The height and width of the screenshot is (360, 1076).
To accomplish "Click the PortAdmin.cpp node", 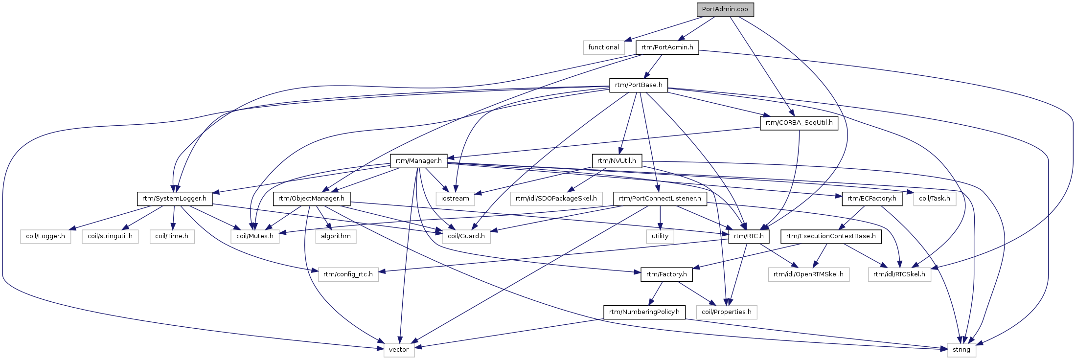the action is (725, 9).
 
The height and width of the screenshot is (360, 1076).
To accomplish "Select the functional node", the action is (603, 47).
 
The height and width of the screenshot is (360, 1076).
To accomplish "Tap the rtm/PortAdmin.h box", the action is (667, 47).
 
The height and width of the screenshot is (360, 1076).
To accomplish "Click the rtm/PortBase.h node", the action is (639, 85).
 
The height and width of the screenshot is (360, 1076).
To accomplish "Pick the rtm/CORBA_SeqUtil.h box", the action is (799, 123).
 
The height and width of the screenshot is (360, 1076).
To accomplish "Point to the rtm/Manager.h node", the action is (418, 160).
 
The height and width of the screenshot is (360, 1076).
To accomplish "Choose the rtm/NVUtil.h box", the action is (617, 160).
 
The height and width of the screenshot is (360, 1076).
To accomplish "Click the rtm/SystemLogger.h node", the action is (175, 199).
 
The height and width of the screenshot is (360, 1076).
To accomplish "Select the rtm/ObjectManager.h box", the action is (312, 199).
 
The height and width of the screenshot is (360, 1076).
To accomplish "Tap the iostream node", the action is (455, 199).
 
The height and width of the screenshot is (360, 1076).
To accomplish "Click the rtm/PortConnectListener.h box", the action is (660, 199).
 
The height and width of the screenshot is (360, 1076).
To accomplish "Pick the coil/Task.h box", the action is (935, 199).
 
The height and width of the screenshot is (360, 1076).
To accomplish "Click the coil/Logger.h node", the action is (46, 236).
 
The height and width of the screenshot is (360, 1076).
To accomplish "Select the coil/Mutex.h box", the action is (255, 236).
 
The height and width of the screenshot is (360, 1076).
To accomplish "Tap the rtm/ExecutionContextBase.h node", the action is (831, 236).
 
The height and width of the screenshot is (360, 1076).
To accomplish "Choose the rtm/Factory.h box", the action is (666, 274).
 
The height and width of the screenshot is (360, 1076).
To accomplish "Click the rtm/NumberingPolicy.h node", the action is (644, 312).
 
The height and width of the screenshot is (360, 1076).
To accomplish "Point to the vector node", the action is (399, 350).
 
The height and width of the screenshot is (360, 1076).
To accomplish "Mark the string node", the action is (961, 350).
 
